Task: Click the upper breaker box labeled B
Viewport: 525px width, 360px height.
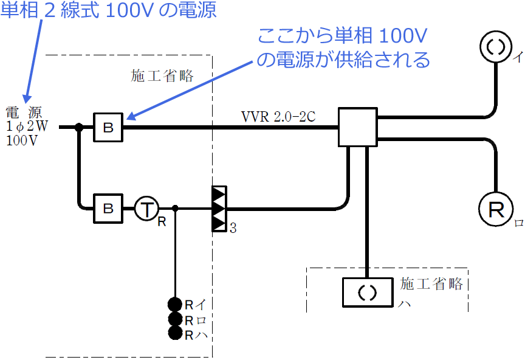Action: pyautogui.click(x=108, y=127)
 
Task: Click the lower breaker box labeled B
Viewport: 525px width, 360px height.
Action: pyautogui.click(x=108, y=209)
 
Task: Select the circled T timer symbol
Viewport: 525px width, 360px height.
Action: pyautogui.click(x=146, y=209)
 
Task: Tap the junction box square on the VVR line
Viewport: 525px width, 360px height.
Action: pyautogui.click(x=358, y=128)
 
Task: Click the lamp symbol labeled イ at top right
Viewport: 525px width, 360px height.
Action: pyautogui.click(x=497, y=46)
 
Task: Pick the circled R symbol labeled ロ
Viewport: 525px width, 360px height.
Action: pyautogui.click(x=497, y=210)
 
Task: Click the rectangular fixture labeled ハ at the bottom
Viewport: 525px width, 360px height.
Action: pyautogui.click(x=367, y=292)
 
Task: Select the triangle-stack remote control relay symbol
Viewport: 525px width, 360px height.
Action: pyautogui.click(x=219, y=209)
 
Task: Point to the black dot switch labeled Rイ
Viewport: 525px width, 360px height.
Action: pyautogui.click(x=175, y=304)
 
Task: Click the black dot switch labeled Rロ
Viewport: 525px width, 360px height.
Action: pyautogui.click(x=175, y=319)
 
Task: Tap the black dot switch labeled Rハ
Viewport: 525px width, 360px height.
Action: pyautogui.click(x=175, y=333)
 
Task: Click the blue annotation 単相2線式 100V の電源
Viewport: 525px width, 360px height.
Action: pyautogui.click(x=108, y=11)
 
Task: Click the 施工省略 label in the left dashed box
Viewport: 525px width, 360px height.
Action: pyautogui.click(x=162, y=75)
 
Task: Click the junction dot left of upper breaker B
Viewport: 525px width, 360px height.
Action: pyautogui.click(x=78, y=127)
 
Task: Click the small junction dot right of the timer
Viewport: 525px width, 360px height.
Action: pyautogui.click(x=175, y=209)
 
